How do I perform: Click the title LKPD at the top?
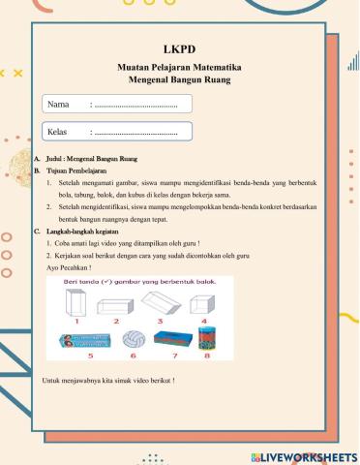click(x=179, y=49)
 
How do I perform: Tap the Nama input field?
click(x=140, y=104)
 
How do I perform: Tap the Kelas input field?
click(x=140, y=131)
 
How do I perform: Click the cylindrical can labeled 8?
click(x=205, y=338)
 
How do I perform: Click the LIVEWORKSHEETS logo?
click(x=303, y=456)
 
